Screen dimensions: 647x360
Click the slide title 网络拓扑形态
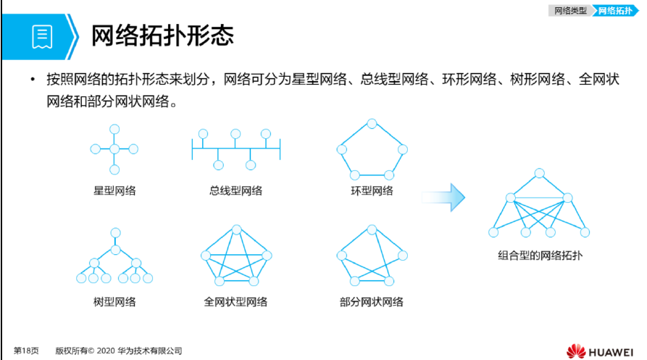(162, 35)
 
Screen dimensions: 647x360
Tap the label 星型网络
(114, 191)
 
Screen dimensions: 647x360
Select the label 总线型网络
(235, 191)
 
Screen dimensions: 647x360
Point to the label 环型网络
(372, 191)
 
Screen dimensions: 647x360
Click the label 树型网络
(114, 302)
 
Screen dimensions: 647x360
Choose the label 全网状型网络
(235, 302)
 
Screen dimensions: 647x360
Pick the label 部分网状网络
(372, 302)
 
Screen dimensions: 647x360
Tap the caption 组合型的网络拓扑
(540, 256)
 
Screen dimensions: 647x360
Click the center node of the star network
(114, 149)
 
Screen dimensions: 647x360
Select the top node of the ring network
(372, 124)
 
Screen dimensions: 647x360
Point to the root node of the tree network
(115, 233)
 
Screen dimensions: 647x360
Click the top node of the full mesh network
(236, 230)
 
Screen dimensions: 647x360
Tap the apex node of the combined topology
(539, 173)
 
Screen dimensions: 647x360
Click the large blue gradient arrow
(443, 198)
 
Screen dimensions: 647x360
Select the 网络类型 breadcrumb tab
(570, 11)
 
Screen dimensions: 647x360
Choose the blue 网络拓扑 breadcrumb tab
(615, 11)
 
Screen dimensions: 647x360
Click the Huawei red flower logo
(576, 351)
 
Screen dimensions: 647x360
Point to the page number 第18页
(26, 351)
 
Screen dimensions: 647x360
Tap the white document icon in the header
(42, 37)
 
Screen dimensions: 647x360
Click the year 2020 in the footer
(106, 351)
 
